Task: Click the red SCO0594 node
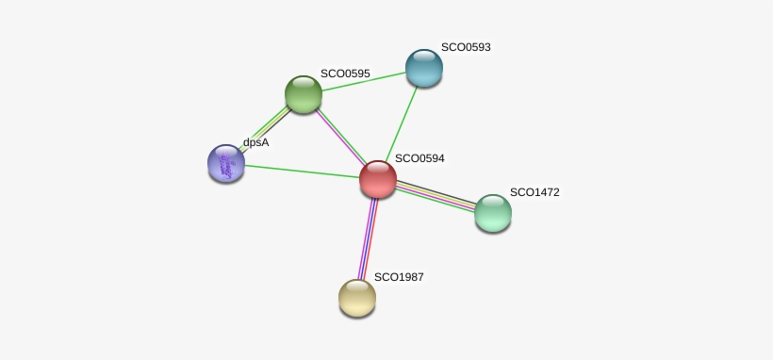tap(378, 179)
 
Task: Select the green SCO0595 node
tap(304, 94)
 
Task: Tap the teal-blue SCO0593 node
tap(424, 68)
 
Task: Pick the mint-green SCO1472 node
tap(493, 213)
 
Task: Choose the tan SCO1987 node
tap(357, 298)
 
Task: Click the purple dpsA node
tap(226, 163)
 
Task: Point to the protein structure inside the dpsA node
tap(226, 166)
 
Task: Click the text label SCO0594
tap(419, 158)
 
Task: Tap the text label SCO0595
tap(345, 74)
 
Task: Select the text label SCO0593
tap(466, 47)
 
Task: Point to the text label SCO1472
tap(535, 192)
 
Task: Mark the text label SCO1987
tap(399, 277)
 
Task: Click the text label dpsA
tap(255, 142)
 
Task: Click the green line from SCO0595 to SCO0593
tap(364, 81)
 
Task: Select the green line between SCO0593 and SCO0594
tap(401, 123)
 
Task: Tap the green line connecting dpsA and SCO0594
tap(303, 172)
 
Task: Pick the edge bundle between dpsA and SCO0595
tap(264, 129)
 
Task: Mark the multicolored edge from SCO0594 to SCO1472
tap(436, 196)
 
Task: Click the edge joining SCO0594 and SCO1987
tap(368, 238)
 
